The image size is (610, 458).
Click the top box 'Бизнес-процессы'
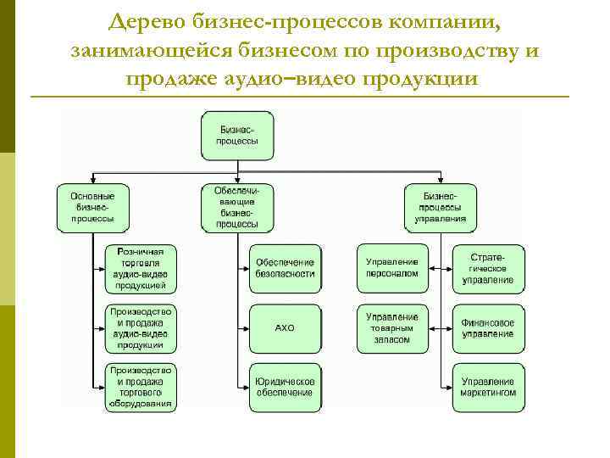point(238,135)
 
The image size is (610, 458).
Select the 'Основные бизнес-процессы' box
point(92,207)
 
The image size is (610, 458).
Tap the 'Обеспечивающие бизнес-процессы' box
point(238,207)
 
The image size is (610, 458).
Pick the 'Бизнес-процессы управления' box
point(440,207)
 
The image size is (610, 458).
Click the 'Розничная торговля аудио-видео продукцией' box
point(141,268)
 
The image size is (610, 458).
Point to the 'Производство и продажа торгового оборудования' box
point(141,387)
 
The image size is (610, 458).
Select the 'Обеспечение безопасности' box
point(286,268)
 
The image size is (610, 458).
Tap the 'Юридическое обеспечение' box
point(286,387)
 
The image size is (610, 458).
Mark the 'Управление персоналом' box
point(392,268)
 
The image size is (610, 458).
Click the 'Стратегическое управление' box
point(488,268)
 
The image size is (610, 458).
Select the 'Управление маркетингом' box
point(488,387)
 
